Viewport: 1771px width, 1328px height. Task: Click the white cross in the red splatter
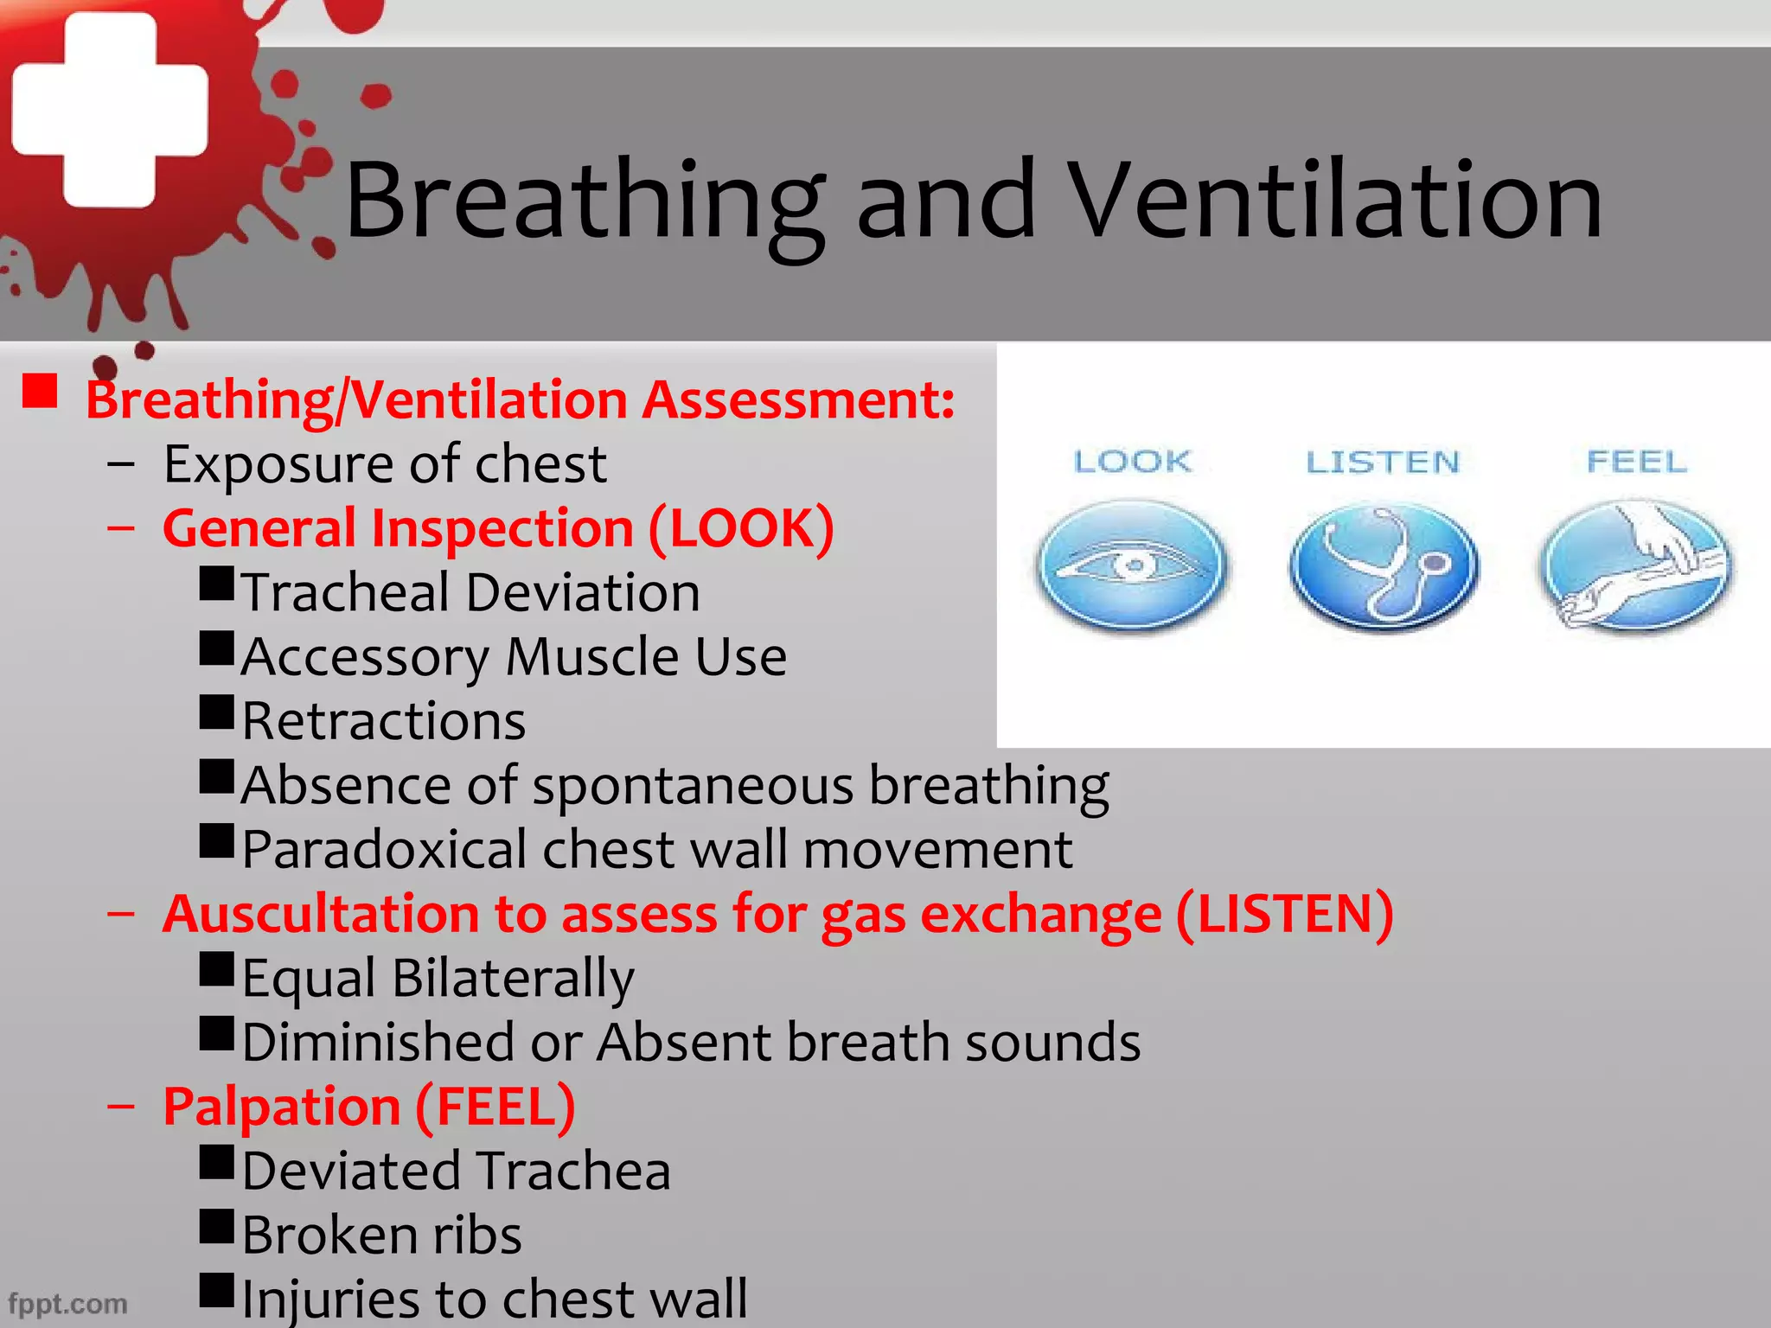(x=110, y=110)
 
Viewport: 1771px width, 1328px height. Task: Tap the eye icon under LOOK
(x=1132, y=565)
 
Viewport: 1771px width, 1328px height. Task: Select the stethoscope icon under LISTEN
(x=1384, y=565)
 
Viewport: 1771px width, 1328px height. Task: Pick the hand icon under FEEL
(x=1636, y=565)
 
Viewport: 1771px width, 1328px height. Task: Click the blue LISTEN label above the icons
(x=1383, y=463)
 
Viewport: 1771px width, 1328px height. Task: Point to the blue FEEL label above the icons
(x=1637, y=462)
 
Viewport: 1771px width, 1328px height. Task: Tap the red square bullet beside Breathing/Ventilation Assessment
(x=40, y=392)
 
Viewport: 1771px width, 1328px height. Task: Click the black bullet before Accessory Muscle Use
(x=216, y=648)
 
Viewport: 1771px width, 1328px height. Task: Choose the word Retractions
(x=384, y=721)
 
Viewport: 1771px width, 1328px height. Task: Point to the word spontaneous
(x=693, y=787)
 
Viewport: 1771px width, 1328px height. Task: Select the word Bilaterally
(x=513, y=979)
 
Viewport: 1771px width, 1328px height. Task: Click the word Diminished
(x=378, y=1043)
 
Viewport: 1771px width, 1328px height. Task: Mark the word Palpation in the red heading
(x=281, y=1107)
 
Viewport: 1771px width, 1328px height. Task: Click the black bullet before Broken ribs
(x=216, y=1226)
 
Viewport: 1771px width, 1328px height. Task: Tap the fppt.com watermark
(x=67, y=1303)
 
